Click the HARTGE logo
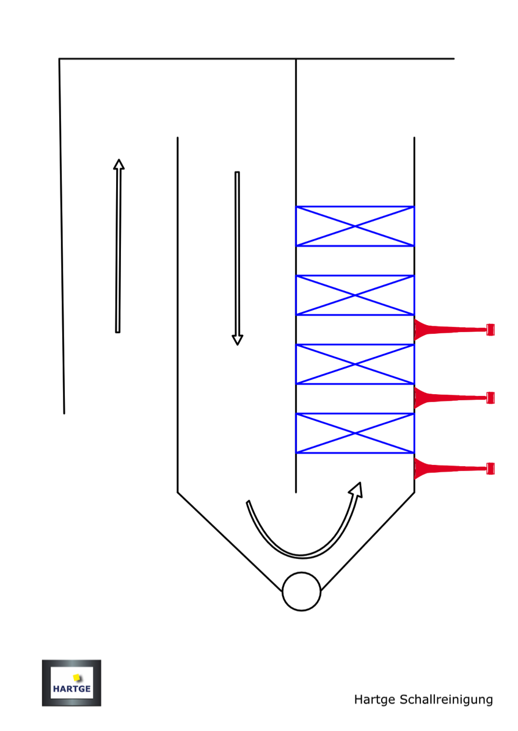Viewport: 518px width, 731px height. coord(71,683)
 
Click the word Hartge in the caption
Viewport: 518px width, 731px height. coord(374,699)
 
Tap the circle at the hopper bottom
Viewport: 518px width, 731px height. coord(301,591)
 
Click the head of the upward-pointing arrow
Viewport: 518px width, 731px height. coord(119,164)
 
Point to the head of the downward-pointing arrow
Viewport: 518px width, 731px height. coord(238,340)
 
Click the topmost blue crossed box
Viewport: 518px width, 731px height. coord(355,226)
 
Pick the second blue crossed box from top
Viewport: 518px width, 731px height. coord(355,295)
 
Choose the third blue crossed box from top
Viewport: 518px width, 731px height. coord(355,364)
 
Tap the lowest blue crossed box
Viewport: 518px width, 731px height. coord(355,433)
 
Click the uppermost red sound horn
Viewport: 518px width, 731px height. coord(449,330)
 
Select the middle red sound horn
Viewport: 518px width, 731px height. coord(449,398)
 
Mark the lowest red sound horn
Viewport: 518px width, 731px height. coord(449,469)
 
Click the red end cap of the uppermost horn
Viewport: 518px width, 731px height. coord(490,329)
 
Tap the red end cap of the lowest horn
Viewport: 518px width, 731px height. coord(490,469)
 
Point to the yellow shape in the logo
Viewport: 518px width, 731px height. coord(77,677)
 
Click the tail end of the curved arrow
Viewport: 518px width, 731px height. coord(248,502)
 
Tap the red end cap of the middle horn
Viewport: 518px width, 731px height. coord(490,398)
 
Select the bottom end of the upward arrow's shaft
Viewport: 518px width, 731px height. coord(117,331)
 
